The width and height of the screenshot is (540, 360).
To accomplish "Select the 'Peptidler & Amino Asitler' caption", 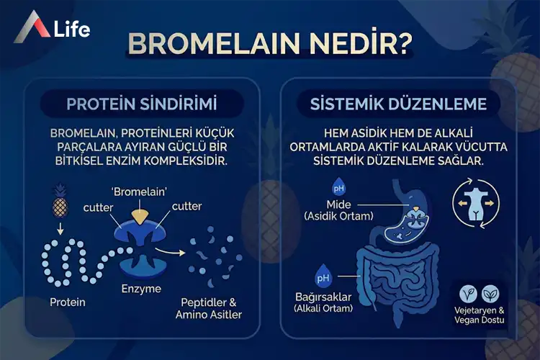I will (x=209, y=308).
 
